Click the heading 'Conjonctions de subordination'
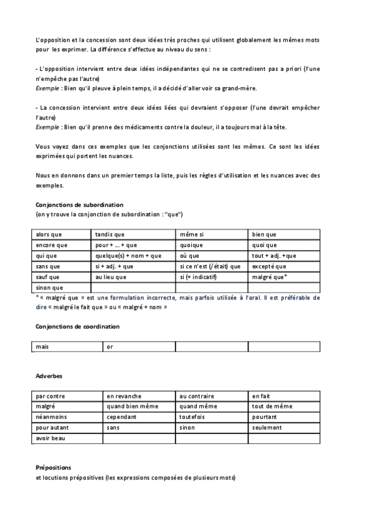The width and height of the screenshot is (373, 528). point(80,204)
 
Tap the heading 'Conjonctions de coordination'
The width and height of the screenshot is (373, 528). point(78,326)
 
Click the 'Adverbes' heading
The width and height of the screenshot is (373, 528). point(49,377)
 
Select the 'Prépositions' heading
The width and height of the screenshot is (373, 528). point(54,468)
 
